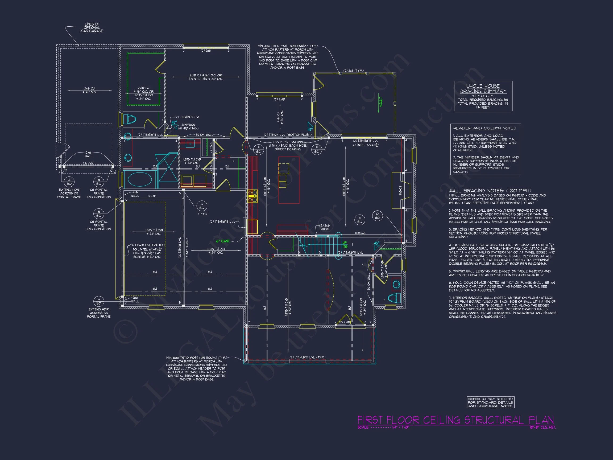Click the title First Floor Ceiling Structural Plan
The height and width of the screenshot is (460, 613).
(x=455, y=420)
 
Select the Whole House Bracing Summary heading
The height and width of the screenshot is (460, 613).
(x=483, y=89)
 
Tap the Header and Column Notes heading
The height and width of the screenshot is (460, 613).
(x=484, y=128)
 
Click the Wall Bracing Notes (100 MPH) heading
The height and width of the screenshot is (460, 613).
(x=490, y=191)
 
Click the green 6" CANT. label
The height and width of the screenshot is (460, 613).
(x=223, y=241)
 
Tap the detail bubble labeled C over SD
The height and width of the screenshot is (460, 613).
(x=202, y=206)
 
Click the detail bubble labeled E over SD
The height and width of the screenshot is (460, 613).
(x=360, y=220)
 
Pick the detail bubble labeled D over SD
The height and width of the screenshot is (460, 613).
(x=377, y=216)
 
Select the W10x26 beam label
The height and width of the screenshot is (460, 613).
(x=360, y=233)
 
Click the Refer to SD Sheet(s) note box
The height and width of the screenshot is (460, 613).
(x=490, y=402)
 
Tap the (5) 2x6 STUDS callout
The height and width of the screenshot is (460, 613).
(x=324, y=227)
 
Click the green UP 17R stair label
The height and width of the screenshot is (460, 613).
(x=345, y=245)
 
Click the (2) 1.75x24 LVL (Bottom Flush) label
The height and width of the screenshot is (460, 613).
(x=287, y=135)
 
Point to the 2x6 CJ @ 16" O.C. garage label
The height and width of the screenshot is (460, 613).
(x=89, y=90)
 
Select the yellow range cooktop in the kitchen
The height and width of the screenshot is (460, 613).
(x=252, y=196)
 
